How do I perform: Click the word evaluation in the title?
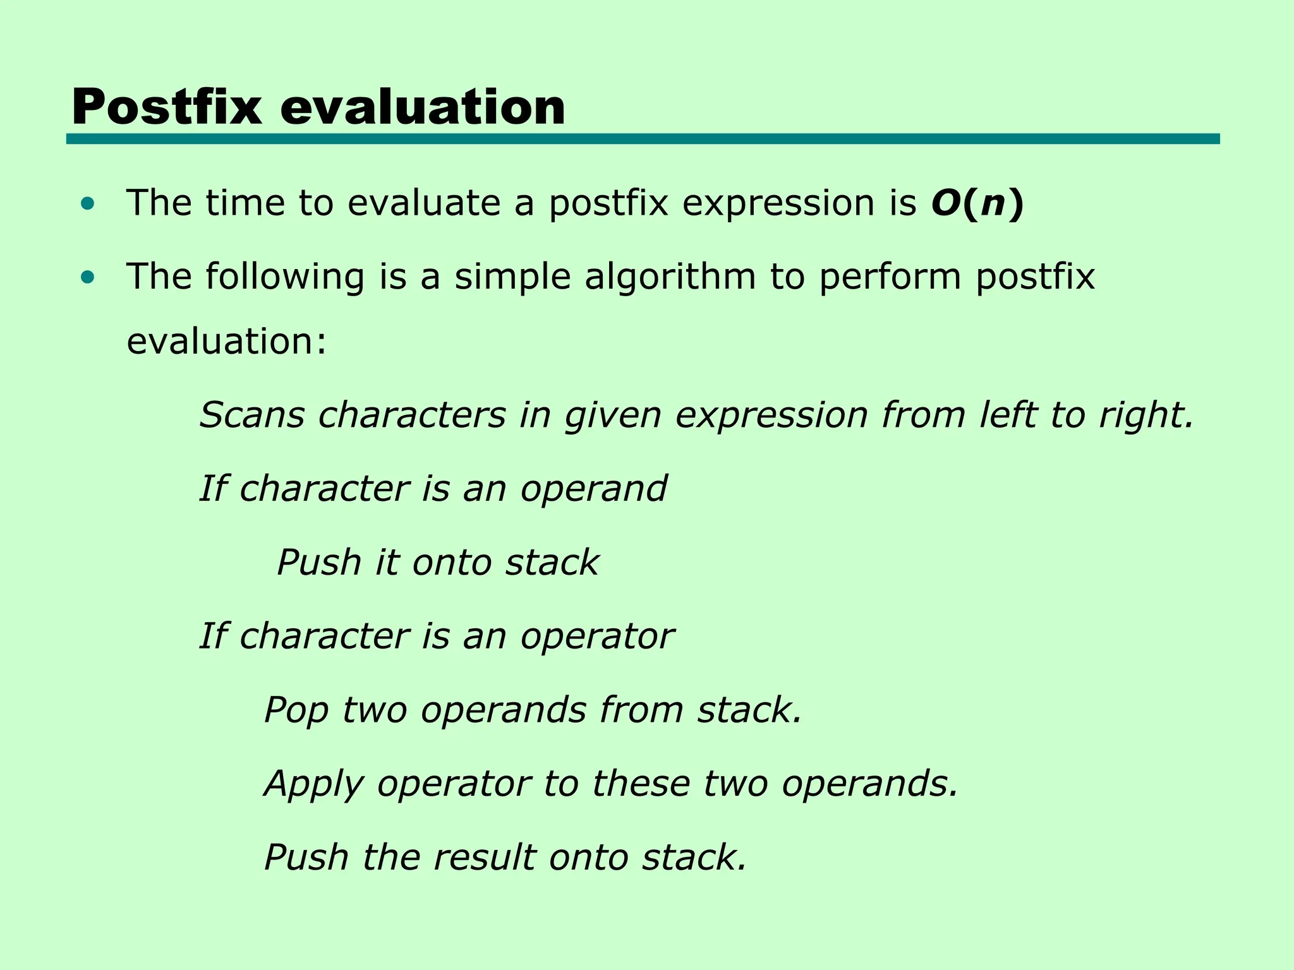pyautogui.click(x=422, y=107)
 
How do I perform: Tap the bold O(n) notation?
pyautogui.click(x=977, y=203)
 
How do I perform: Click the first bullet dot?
pyautogui.click(x=88, y=204)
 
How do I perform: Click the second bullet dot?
pyautogui.click(x=88, y=277)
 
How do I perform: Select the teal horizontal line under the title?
pyautogui.click(x=643, y=139)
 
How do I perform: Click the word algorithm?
pyautogui.click(x=670, y=277)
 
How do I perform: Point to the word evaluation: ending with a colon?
pyautogui.click(x=226, y=342)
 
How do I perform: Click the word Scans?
pyautogui.click(x=252, y=416)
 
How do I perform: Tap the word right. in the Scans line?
pyautogui.click(x=1146, y=416)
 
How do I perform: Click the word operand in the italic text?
pyautogui.click(x=593, y=489)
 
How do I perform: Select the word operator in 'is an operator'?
pyautogui.click(x=597, y=637)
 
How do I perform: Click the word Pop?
pyautogui.click(x=296, y=710)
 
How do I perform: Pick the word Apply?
pyautogui.click(x=313, y=784)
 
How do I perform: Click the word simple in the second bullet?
pyautogui.click(x=512, y=277)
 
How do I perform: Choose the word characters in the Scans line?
pyautogui.click(x=412, y=416)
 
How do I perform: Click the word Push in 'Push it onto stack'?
pyautogui.click(x=318, y=563)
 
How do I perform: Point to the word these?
pyautogui.click(x=641, y=784)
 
